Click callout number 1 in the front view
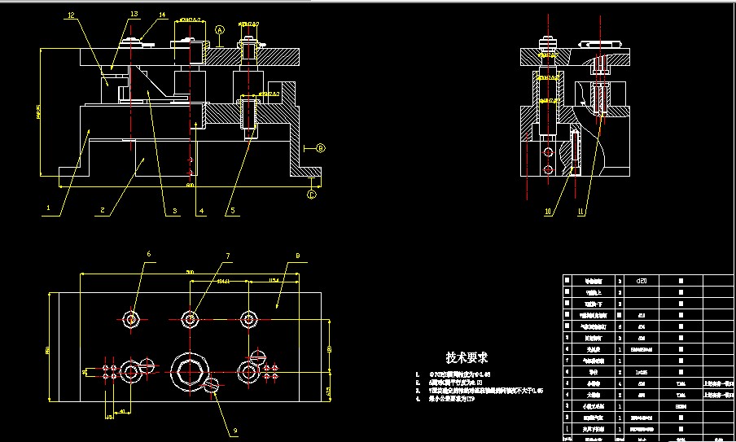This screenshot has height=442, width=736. (49, 208)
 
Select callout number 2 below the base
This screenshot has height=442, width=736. (102, 210)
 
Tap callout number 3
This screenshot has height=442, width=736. (173, 212)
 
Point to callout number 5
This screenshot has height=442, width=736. (231, 212)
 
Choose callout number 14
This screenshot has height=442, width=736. (162, 15)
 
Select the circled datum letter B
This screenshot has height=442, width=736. (320, 148)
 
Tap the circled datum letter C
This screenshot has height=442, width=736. (312, 194)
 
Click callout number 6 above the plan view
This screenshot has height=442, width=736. (149, 254)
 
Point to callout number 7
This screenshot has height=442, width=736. (228, 256)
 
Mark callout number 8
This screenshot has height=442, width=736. (297, 256)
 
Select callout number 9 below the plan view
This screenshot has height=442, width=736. (235, 431)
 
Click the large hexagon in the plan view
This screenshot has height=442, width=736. (189, 372)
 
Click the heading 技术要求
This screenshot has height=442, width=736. (467, 357)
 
